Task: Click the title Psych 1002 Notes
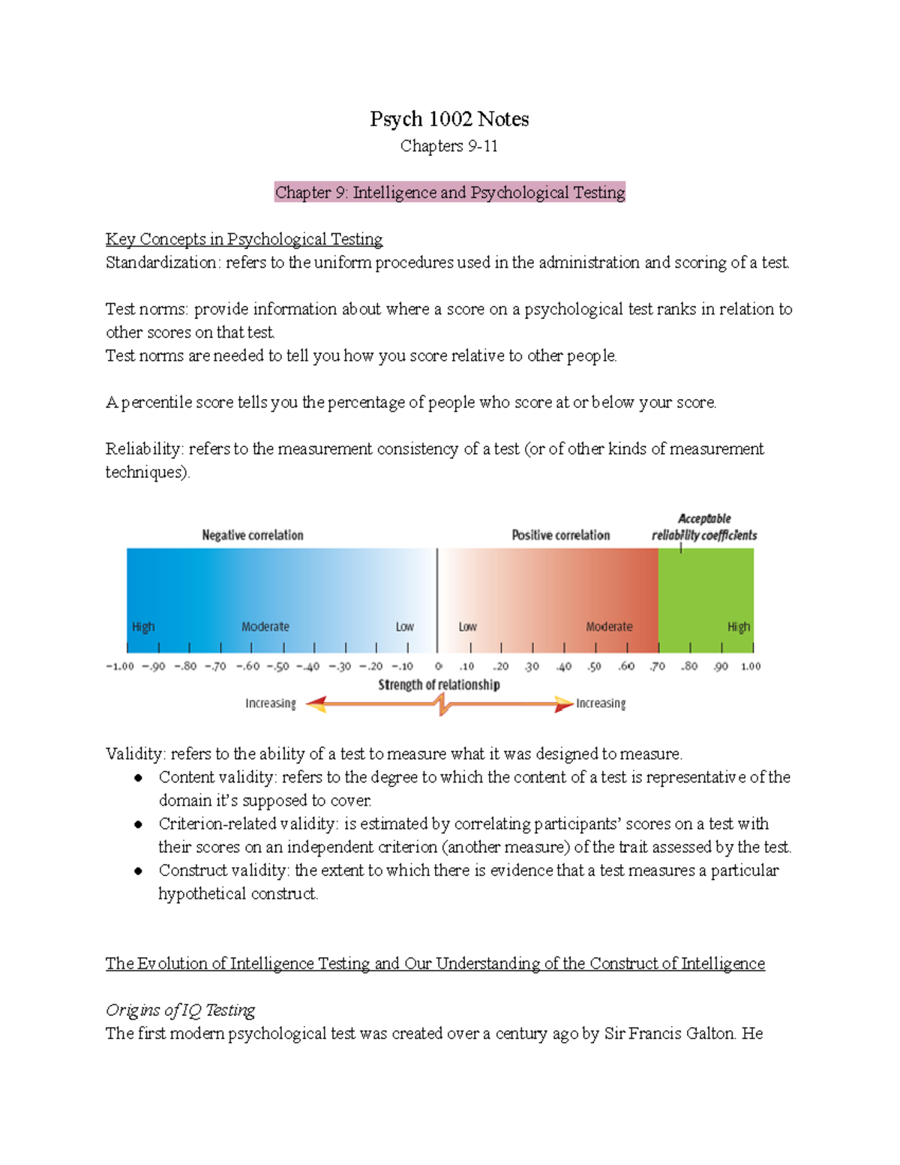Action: point(449,119)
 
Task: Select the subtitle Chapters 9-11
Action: point(448,146)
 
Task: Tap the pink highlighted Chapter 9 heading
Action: point(449,193)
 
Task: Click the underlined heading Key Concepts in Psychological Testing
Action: point(244,239)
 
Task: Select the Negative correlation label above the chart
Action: point(253,535)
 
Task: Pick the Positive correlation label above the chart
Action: point(560,535)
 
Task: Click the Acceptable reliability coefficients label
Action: point(703,527)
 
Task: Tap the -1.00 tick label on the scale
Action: point(120,666)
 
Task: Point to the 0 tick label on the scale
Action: point(438,666)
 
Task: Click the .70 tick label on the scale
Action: point(657,666)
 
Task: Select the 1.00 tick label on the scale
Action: point(751,666)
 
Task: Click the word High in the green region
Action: point(738,627)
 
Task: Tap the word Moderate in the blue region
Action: point(265,627)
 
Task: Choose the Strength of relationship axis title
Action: point(439,685)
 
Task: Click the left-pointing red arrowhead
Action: point(316,704)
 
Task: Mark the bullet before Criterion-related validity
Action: point(139,824)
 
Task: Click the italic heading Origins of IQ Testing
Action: point(180,1010)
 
